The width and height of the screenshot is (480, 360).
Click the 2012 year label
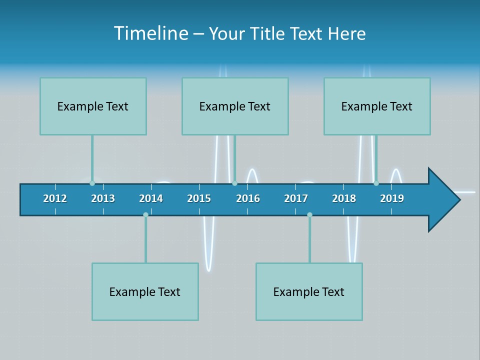point(55,198)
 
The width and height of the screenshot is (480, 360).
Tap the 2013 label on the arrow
point(103,198)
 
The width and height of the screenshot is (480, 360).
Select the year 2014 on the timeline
point(151,198)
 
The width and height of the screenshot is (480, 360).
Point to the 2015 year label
point(199,198)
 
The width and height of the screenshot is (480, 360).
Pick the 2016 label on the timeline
point(248,198)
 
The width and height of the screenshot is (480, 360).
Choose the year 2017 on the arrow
point(296,198)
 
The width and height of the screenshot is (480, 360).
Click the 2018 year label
point(344,198)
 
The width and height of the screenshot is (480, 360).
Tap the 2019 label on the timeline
point(392,198)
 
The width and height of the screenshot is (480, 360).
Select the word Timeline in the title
point(150,33)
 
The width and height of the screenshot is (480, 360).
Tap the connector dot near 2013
point(92,183)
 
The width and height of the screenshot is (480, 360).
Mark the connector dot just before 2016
point(234,183)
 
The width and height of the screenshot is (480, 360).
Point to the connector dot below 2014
point(145,214)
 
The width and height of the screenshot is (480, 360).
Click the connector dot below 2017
point(309,214)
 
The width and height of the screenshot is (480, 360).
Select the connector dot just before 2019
point(376,183)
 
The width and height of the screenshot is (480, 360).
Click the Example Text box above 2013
point(93,106)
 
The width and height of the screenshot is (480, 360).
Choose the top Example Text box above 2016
point(235,106)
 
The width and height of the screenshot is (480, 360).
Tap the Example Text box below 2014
point(145,291)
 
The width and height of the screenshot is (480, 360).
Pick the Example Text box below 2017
point(309,291)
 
